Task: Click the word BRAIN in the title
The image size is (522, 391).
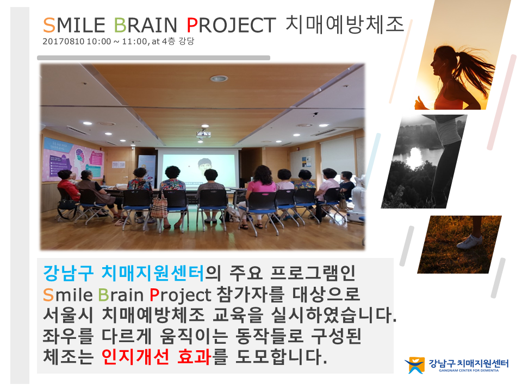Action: (145, 26)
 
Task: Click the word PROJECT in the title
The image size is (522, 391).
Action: (231, 26)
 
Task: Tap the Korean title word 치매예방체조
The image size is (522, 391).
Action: (345, 24)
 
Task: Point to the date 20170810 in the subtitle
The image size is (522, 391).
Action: (63, 42)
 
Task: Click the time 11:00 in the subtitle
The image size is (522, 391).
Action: (134, 42)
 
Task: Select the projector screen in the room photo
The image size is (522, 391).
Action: (198, 168)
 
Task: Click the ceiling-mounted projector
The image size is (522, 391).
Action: (203, 134)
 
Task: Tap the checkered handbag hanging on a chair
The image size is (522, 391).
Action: (159, 206)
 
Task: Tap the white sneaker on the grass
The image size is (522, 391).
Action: (469, 241)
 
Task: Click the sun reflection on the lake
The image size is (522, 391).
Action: (415, 157)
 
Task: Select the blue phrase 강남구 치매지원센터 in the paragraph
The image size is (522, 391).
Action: (123, 273)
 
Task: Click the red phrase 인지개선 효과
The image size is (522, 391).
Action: (157, 357)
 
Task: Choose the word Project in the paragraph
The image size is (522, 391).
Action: (180, 295)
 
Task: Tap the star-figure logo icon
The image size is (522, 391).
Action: (415, 365)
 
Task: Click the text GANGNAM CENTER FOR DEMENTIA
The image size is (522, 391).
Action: (469, 370)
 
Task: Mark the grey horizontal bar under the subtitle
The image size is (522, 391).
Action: (153, 58)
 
